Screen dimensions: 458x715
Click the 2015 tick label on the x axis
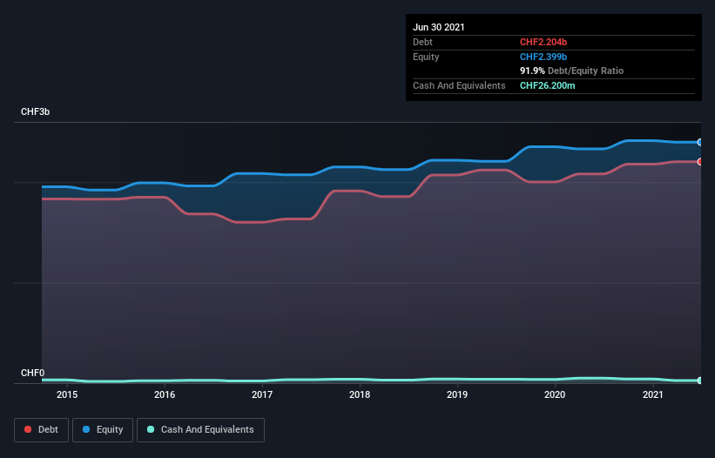pyautogui.click(x=67, y=394)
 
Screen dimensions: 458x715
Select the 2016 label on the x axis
pyautogui.click(x=165, y=394)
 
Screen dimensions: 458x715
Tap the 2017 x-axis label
pyautogui.click(x=262, y=394)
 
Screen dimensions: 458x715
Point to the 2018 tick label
pyautogui.click(x=360, y=394)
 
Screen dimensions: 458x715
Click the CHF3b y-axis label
pyautogui.click(x=36, y=112)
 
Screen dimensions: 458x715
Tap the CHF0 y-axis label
pyautogui.click(x=32, y=373)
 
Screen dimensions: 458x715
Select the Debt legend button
pyautogui.click(x=42, y=429)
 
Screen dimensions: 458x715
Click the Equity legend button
pyautogui.click(x=103, y=429)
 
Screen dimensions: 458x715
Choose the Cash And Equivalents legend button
pyautogui.click(x=200, y=429)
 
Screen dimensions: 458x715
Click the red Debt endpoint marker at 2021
pyautogui.click(x=699, y=162)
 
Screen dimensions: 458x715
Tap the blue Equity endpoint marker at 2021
pyautogui.click(x=699, y=142)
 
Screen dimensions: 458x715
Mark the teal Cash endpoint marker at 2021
pyautogui.click(x=699, y=381)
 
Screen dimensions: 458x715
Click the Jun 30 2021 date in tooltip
pyautogui.click(x=439, y=27)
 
